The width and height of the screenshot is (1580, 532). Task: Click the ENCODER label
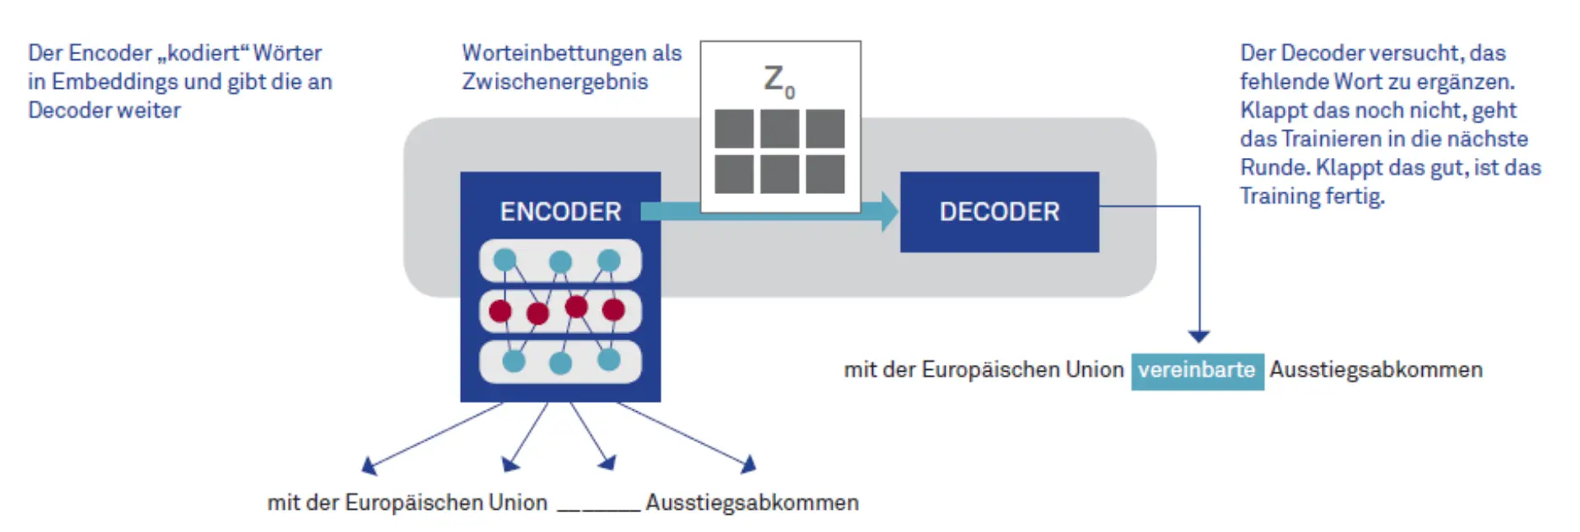tap(560, 211)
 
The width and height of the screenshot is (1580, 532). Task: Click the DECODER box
tap(999, 211)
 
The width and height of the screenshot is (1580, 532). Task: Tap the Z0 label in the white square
tap(778, 81)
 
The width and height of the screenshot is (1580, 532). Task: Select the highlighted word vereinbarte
tap(1197, 371)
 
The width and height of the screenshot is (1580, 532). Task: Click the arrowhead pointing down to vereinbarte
tap(1199, 336)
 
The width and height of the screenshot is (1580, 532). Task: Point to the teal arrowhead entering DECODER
tap(890, 211)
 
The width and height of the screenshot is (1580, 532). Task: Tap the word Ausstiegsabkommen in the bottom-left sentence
tap(751, 502)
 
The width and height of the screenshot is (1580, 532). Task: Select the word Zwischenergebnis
tap(555, 81)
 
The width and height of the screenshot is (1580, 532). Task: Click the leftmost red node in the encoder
tap(500, 311)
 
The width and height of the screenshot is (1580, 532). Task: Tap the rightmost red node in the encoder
tap(613, 309)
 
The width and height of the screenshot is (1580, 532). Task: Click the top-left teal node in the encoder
tap(504, 260)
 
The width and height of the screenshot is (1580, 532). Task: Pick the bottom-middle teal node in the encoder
tap(560, 363)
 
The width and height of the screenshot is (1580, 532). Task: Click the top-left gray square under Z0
tap(734, 128)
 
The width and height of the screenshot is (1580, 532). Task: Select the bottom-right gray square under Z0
tap(825, 174)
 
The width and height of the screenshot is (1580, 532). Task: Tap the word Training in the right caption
tap(1278, 196)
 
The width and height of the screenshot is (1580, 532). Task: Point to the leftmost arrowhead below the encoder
tap(369, 467)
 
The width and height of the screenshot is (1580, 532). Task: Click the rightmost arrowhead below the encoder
tap(748, 465)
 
